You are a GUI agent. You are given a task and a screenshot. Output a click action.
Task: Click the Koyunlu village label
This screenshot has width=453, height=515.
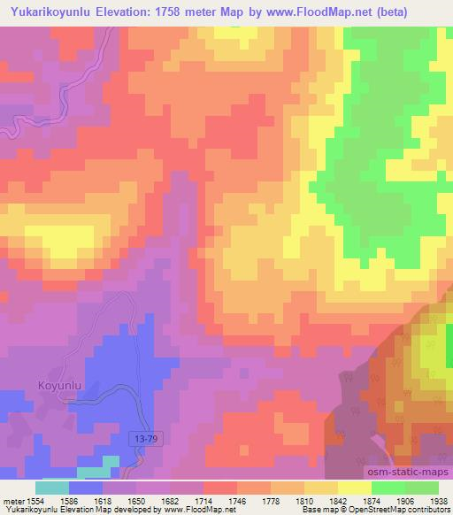pos(60,384)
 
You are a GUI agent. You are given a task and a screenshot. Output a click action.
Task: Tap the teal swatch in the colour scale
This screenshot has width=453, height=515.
pos(52,488)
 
